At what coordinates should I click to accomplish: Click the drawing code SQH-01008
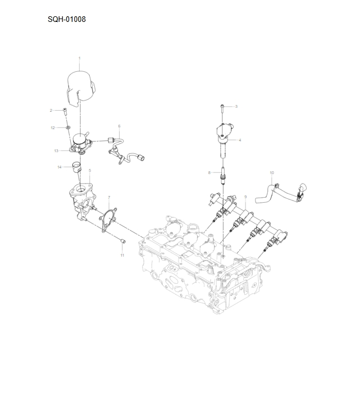tap(67, 20)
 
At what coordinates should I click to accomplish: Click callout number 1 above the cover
tap(79, 58)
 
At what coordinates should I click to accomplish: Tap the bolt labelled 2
tap(65, 110)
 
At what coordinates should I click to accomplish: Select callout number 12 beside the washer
tap(53, 127)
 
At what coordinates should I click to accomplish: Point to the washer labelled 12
tap(67, 128)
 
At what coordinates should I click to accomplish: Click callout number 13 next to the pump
tap(56, 150)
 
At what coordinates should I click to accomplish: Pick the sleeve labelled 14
tap(76, 166)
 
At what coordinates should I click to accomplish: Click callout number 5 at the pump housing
tap(90, 170)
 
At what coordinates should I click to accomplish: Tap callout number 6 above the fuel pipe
tap(119, 126)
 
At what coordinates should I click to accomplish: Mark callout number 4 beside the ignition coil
tap(240, 140)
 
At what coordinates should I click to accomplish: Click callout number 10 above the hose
tap(272, 172)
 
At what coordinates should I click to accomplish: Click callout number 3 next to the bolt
tap(236, 106)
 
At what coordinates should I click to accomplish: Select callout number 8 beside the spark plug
tap(209, 172)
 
